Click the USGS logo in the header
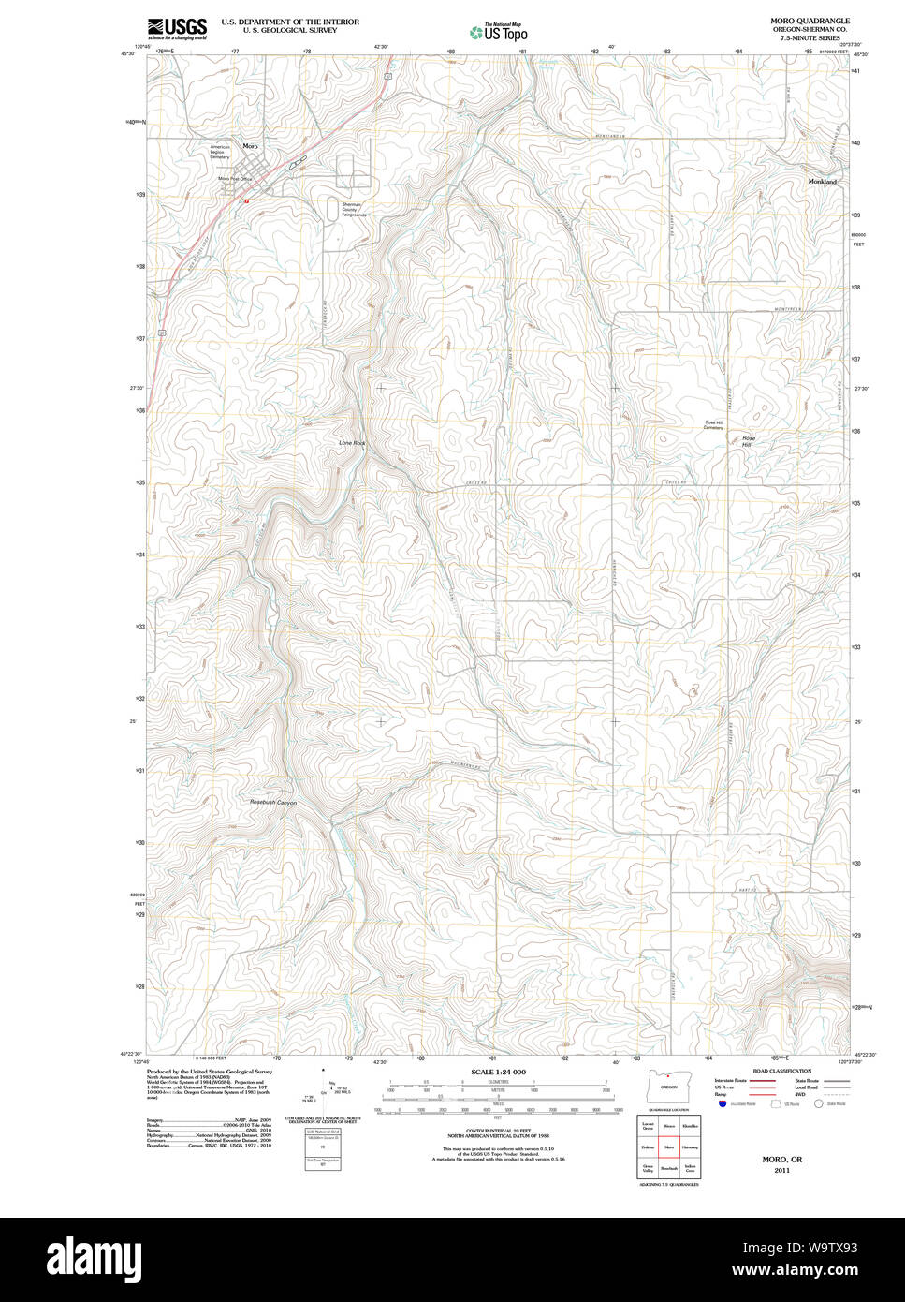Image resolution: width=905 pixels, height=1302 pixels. (177, 27)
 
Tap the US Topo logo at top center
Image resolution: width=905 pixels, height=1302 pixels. (499, 32)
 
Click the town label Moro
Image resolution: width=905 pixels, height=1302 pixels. (249, 146)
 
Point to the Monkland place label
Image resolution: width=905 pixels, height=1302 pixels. (822, 181)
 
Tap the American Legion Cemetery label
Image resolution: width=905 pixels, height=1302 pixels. (220, 152)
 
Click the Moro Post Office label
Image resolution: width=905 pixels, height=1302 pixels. (235, 178)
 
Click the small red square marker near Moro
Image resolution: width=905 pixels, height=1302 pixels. (245, 200)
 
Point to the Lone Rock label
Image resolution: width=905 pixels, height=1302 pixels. (351, 441)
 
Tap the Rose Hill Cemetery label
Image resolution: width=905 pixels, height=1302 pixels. (714, 424)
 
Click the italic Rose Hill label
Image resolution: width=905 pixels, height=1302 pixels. (747, 441)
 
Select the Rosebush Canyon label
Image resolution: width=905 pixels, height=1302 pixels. (273, 803)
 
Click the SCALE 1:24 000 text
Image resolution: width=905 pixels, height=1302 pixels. (498, 1072)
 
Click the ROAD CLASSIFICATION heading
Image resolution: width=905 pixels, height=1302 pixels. (781, 1071)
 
